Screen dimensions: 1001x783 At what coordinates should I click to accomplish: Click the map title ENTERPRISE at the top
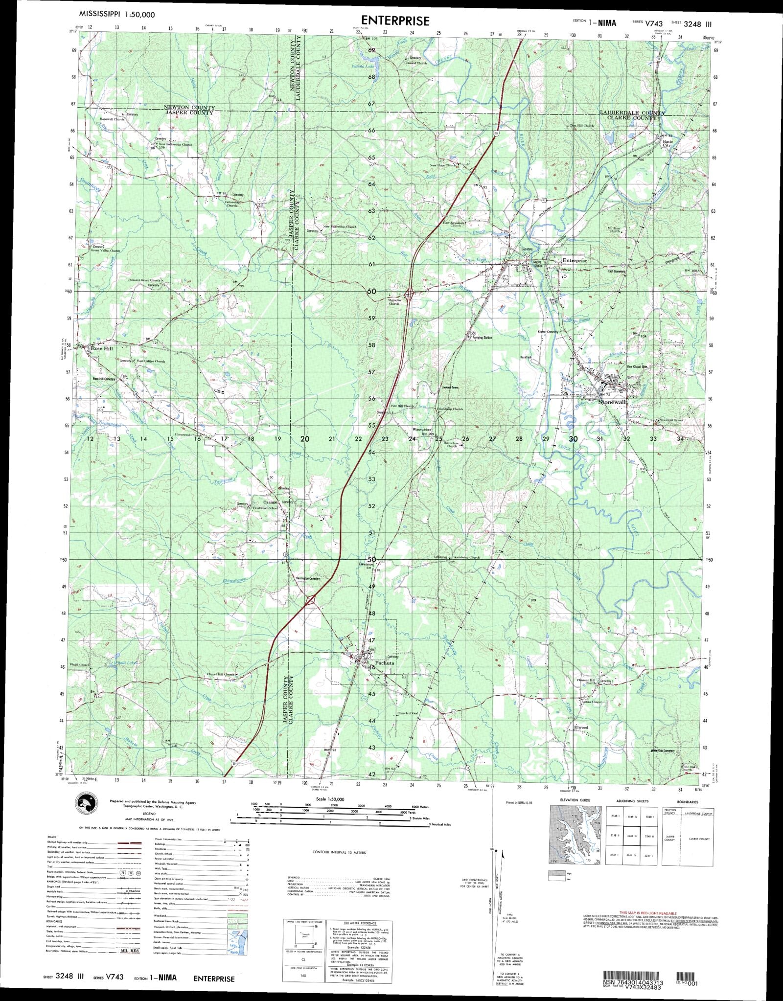pos(395,21)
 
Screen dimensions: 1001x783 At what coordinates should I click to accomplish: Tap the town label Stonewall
pos(612,402)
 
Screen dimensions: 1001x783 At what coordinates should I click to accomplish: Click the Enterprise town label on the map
pos(575,261)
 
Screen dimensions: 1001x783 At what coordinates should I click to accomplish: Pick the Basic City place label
pos(668,143)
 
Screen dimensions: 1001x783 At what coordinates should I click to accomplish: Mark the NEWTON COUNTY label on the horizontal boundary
pos(189,107)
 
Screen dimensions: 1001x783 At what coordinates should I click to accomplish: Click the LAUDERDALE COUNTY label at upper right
pos(632,113)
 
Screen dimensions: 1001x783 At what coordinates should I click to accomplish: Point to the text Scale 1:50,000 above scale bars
pos(330,799)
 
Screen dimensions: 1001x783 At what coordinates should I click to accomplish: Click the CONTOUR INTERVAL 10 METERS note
pos(339,852)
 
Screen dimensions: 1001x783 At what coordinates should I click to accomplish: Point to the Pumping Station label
pos(482,338)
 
